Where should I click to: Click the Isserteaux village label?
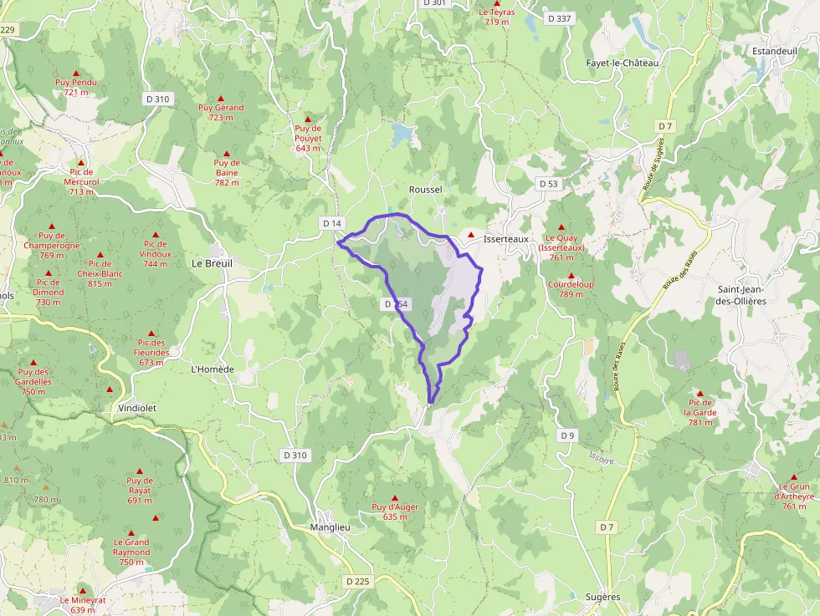[506, 238]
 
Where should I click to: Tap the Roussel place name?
[425, 190]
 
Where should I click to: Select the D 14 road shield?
[332, 223]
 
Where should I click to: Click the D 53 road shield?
[548, 183]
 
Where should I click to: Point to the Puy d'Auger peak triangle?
[395, 498]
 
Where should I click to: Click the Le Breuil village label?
[213, 262]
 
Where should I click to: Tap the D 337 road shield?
[558, 18]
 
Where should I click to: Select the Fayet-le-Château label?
[623, 63]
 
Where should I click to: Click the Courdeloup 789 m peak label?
[571, 288]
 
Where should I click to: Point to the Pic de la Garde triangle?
[700, 392]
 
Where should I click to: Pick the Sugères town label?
[602, 597]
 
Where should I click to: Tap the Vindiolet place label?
[138, 407]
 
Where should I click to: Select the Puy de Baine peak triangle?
[226, 154]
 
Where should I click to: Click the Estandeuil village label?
[774, 51]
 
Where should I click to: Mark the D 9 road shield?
[568, 435]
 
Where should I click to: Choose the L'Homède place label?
[213, 369]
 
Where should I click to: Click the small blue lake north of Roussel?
[402, 133]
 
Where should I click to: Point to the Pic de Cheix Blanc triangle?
[100, 255]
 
